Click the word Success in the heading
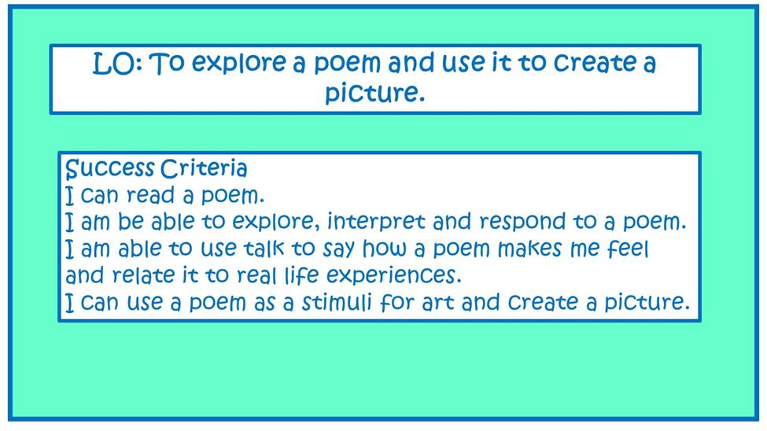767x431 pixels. tap(110, 169)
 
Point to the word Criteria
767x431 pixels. tap(204, 168)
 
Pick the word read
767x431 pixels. tap(150, 196)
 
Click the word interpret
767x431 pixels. tap(376, 222)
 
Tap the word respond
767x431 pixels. tap(522, 223)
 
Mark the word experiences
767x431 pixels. tap(391, 276)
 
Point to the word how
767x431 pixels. tap(384, 249)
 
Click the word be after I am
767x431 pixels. tap(131, 222)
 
